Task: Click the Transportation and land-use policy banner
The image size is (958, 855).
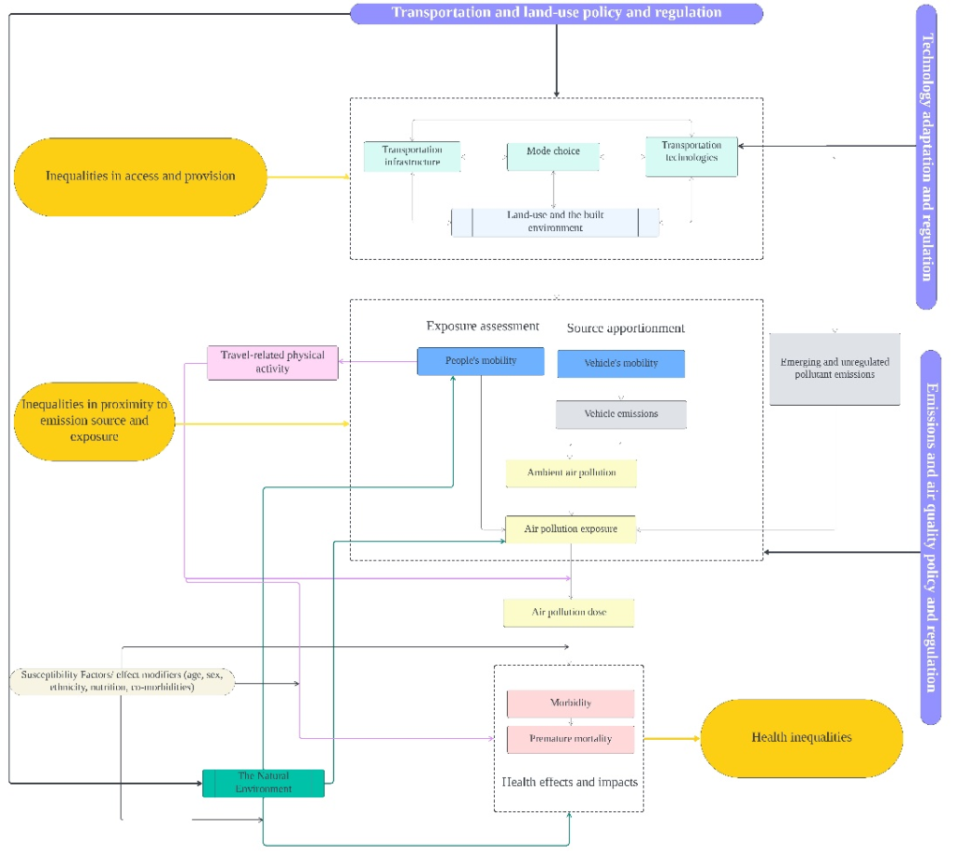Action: point(557,13)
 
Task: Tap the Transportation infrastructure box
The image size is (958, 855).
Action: point(412,156)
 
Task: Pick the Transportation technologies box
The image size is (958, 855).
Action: point(691,156)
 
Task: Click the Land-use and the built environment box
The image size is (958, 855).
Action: point(555,222)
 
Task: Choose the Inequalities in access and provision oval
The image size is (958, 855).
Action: point(140,176)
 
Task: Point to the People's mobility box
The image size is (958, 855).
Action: point(480,361)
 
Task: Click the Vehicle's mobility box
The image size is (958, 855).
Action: point(620,364)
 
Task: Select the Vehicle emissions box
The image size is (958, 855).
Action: point(620,414)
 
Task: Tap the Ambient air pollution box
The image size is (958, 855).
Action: point(571,473)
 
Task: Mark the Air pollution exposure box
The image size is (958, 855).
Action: point(571,529)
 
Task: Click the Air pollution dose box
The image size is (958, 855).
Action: point(569,613)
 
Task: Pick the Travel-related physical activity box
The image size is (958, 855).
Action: point(272,362)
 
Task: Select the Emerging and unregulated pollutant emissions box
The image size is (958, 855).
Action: point(835,369)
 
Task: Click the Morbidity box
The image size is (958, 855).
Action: point(571,703)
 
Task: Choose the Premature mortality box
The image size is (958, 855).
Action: point(571,739)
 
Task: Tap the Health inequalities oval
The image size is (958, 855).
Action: point(802,738)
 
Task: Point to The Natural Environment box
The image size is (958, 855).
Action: point(264,783)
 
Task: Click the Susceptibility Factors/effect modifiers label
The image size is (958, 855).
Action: point(122,680)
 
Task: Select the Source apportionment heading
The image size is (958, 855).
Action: point(625,328)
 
